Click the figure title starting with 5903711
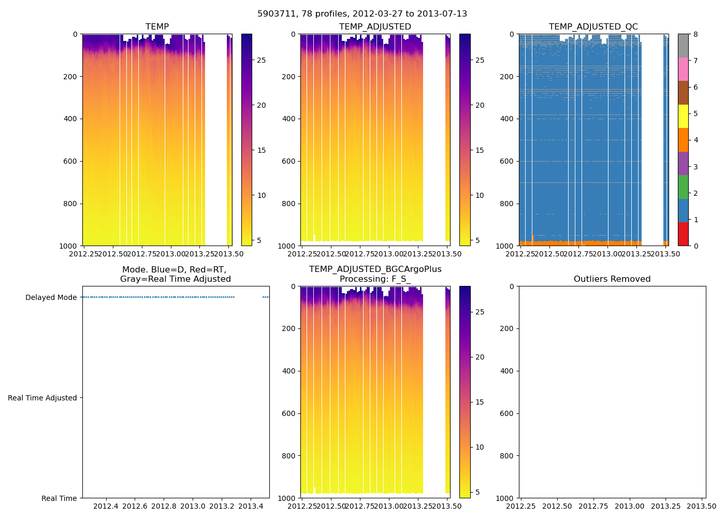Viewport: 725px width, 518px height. tap(362, 14)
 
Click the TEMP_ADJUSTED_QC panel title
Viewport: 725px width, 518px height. tap(593, 27)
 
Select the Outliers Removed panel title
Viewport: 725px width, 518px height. tap(612, 279)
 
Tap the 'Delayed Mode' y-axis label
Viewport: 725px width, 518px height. tap(51, 297)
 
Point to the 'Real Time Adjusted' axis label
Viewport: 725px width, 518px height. tap(42, 398)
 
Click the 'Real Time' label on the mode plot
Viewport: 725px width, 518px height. tap(59, 498)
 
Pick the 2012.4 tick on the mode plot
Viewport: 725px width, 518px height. tap(106, 506)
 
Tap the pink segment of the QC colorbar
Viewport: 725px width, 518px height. tap(683, 69)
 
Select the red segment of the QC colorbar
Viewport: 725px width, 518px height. tap(683, 234)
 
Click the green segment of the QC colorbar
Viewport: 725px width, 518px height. tap(683, 187)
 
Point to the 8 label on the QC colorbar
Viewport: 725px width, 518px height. tap(695, 34)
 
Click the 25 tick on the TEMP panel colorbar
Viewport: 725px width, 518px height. tap(262, 60)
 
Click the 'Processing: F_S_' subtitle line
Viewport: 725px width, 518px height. tap(375, 279)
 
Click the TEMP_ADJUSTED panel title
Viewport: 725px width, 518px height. tap(375, 27)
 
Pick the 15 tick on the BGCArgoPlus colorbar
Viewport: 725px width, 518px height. tap(480, 402)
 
